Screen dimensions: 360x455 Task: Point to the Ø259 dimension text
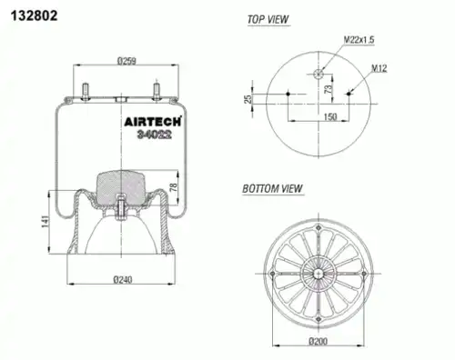tap(126, 62)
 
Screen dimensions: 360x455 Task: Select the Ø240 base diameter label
tap(124, 279)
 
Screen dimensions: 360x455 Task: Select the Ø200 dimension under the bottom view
tap(318, 341)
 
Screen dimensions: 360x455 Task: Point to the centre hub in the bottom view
tap(318, 270)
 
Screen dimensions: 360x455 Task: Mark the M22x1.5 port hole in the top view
tap(318, 74)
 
